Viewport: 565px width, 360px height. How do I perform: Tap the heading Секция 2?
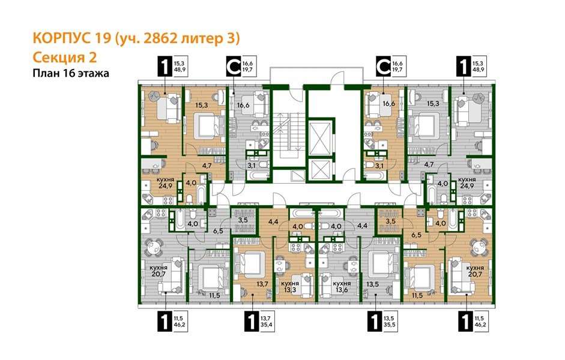(x=63, y=58)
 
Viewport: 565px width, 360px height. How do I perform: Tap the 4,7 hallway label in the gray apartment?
(x=429, y=163)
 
